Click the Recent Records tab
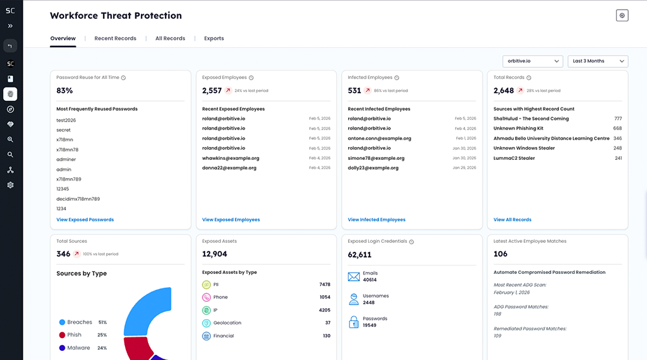coord(115,38)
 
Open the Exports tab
coord(214,38)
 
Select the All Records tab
coord(170,38)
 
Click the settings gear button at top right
coord(622,16)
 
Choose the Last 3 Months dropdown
coord(597,61)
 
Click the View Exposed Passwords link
coord(85,219)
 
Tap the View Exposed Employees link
coord(231,219)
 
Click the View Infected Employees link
coord(377,219)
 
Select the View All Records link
coord(512,219)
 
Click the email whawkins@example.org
coord(230,158)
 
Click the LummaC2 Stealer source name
coord(514,158)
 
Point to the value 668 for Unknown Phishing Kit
coord(617,128)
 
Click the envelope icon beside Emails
coord(354,276)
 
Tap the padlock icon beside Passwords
coord(354,321)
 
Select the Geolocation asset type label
coord(227,322)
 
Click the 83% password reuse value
coord(65,91)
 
